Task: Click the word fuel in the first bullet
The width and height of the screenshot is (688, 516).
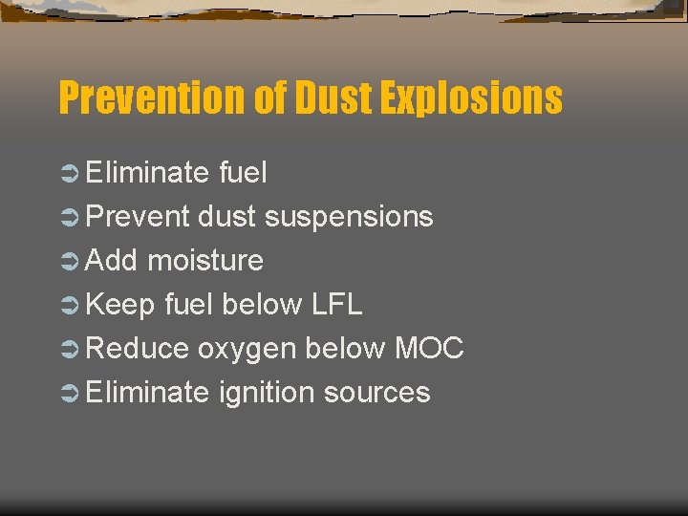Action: pyautogui.click(x=243, y=173)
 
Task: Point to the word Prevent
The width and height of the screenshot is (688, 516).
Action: pyautogui.click(x=139, y=217)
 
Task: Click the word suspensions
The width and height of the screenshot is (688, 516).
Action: pyautogui.click(x=349, y=217)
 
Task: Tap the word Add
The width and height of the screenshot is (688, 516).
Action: pyautogui.click(x=113, y=261)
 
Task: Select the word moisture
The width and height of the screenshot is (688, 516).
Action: pyautogui.click(x=205, y=261)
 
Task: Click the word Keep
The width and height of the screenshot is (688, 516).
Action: pyautogui.click(x=120, y=305)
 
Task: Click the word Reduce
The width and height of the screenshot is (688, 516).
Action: pyautogui.click(x=138, y=349)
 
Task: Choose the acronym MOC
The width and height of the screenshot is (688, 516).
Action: pyautogui.click(x=429, y=349)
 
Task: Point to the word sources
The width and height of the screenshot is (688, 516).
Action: pyautogui.click(x=377, y=393)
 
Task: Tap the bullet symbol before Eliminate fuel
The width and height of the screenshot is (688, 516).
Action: pyautogui.click(x=68, y=174)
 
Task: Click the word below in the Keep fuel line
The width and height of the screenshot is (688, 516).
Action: pyautogui.click(x=249, y=305)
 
